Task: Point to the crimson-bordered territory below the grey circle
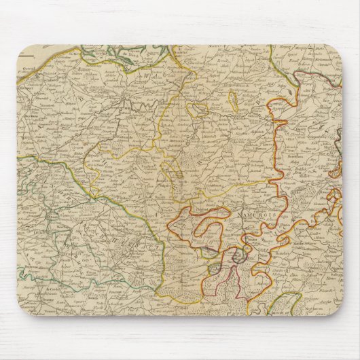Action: click(224, 285)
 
